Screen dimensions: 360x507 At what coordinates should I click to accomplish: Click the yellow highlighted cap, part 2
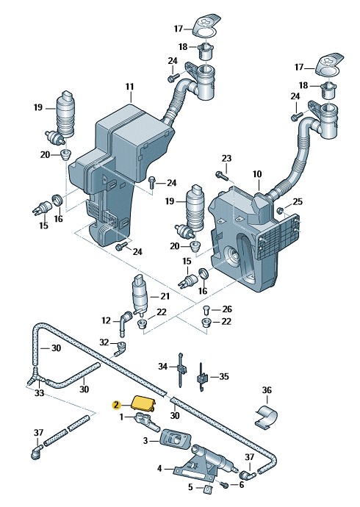coord(143,403)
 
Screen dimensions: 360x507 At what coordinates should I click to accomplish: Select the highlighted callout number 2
coord(115,405)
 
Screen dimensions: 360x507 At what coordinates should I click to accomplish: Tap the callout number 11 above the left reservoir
coord(129,87)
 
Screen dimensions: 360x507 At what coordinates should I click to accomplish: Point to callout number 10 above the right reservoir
coord(257,174)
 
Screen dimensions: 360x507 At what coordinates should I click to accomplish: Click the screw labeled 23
coord(222,176)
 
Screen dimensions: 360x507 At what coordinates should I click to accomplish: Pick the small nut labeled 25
coord(280,211)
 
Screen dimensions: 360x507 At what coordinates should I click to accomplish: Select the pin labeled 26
coord(206,309)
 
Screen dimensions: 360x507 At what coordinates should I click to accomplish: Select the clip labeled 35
coord(201,378)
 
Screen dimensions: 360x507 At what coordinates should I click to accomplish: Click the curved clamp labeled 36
coord(266,418)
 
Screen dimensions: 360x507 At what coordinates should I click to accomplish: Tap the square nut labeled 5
coord(207,489)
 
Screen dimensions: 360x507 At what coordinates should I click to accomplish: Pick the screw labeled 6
coord(224,484)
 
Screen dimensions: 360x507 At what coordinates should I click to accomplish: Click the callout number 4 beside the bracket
coord(159,469)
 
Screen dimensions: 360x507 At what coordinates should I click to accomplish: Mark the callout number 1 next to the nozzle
coord(121,417)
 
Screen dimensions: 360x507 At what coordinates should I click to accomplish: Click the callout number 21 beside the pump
coord(165,296)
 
